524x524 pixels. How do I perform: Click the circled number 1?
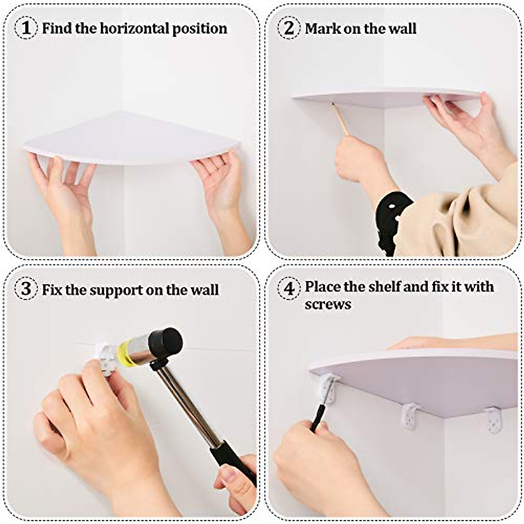coord(27,28)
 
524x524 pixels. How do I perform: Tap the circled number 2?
coord(289,28)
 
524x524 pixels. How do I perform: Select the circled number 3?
coord(27,289)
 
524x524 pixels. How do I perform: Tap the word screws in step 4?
coord(327,304)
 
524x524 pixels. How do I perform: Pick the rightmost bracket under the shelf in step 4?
coord(494,420)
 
